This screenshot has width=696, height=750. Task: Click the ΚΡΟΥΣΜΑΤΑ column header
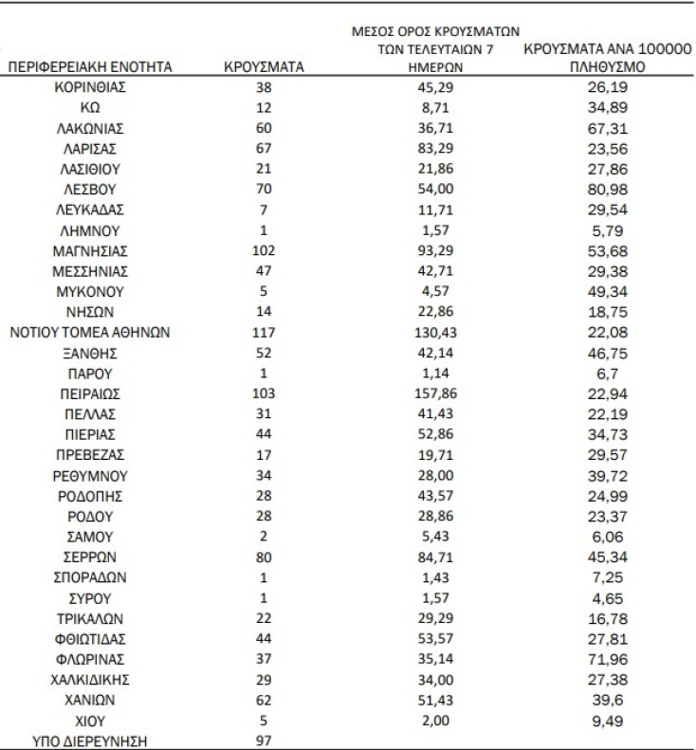[x=264, y=67]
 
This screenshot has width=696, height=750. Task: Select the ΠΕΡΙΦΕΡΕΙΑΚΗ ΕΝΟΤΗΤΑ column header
[x=90, y=67]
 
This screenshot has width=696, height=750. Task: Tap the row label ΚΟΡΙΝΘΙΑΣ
[x=91, y=87]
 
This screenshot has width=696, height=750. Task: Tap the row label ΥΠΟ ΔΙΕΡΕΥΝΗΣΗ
[x=91, y=741]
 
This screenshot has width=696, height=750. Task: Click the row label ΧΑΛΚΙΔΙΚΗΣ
[x=91, y=679]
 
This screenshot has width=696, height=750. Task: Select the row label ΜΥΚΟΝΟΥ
[x=91, y=291]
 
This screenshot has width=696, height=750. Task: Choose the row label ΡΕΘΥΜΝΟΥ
[x=91, y=475]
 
